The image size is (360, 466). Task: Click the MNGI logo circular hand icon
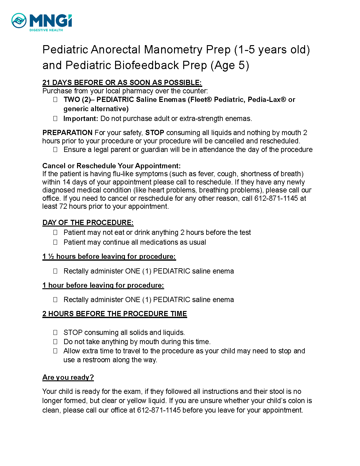pos(19,21)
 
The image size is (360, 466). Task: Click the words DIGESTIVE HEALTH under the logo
pos(46,30)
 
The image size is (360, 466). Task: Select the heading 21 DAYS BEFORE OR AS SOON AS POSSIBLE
pos(122,83)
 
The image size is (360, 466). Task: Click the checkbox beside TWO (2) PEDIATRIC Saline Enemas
pos(55,99)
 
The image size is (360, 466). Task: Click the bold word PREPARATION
pos(67,133)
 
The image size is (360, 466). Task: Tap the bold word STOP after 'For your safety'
pos(154,133)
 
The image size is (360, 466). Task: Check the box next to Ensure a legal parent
pos(55,150)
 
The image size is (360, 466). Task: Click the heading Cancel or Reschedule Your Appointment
pos(111,166)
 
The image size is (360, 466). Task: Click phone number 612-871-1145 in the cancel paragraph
pos(276,198)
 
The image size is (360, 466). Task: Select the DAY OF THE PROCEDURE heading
pos(88,223)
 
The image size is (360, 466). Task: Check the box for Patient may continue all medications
pos(55,242)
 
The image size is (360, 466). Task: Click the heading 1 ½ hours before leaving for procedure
pos(109,256)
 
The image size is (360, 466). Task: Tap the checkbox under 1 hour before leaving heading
pos(55,300)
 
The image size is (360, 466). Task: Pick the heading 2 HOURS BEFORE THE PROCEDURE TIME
pos(114,314)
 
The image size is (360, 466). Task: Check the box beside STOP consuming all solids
pos(55,332)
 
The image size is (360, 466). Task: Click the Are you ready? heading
pos(68,377)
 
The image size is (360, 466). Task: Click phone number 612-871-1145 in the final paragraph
pos(159,410)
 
